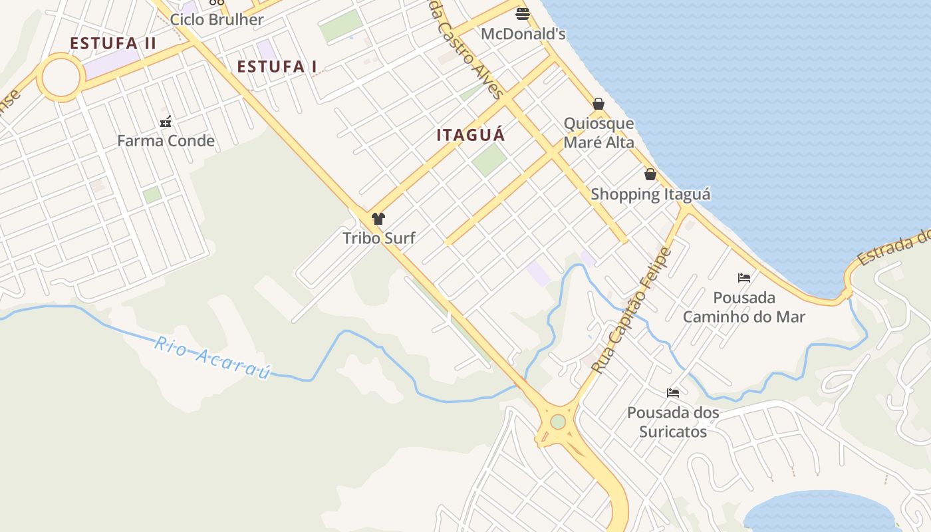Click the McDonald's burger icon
click(x=523, y=14)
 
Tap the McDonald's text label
click(x=523, y=33)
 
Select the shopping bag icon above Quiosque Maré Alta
click(x=598, y=104)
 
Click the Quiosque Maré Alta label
click(x=598, y=133)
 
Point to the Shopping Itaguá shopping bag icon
click(x=650, y=174)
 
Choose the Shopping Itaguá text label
click(x=650, y=194)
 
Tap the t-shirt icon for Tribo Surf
click(x=378, y=219)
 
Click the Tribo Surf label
click(x=378, y=237)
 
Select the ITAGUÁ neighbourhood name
click(x=471, y=135)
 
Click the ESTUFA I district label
click(x=277, y=66)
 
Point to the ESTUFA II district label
click(x=113, y=43)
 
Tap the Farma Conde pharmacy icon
click(x=166, y=122)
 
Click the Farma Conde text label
click(x=166, y=140)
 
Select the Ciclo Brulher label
click(x=217, y=19)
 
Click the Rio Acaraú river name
click(x=213, y=357)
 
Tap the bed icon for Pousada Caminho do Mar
click(x=744, y=277)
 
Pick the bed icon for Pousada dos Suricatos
click(x=673, y=393)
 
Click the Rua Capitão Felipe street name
click(x=631, y=310)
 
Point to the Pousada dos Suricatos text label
click(x=673, y=422)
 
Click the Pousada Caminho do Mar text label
click(x=744, y=307)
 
